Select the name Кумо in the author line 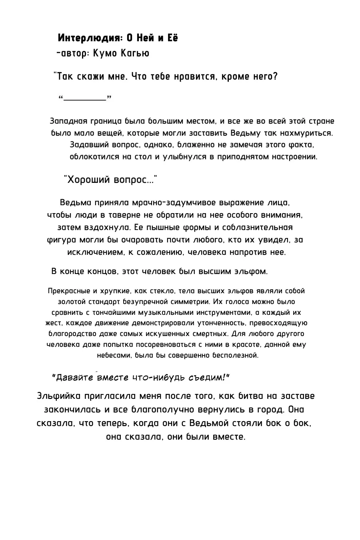[x=105, y=53]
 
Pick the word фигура [x=60, y=240]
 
